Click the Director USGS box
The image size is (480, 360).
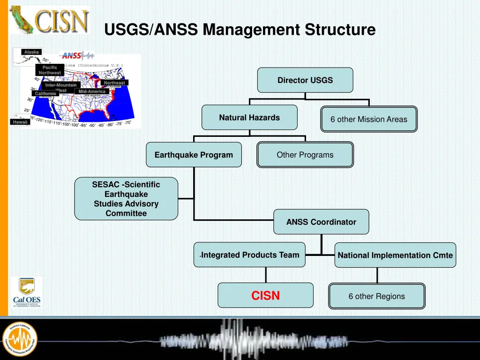(x=305, y=80)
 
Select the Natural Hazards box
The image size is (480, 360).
(x=249, y=118)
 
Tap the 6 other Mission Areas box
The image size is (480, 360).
(x=369, y=119)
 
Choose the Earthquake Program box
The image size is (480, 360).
(x=194, y=155)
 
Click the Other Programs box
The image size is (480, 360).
(x=305, y=155)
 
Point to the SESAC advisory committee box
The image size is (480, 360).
(x=126, y=199)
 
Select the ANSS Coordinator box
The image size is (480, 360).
(x=321, y=222)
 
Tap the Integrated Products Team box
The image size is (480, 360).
(x=249, y=255)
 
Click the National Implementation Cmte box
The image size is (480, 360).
(x=395, y=255)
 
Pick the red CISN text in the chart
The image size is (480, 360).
(x=265, y=296)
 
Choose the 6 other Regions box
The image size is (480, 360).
(x=376, y=296)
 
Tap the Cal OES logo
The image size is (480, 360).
(x=27, y=292)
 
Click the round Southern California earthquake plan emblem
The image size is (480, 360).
(x=20, y=338)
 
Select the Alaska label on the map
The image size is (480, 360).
(x=31, y=52)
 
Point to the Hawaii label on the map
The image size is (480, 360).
(x=21, y=122)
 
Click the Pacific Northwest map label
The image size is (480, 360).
(x=50, y=70)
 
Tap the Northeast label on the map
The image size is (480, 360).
(x=114, y=83)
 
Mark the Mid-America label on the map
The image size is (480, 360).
(x=92, y=91)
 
